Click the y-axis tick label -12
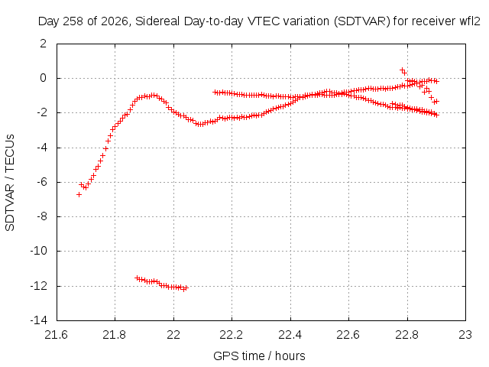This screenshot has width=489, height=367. [x=39, y=285]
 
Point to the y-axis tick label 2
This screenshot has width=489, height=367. [x=43, y=44]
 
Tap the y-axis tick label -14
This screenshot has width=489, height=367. [x=39, y=320]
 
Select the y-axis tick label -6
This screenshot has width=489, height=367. [x=41, y=182]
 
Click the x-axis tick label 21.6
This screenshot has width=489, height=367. [x=56, y=335]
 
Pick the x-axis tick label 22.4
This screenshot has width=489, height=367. [x=290, y=335]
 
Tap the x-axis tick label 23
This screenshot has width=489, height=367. [x=465, y=335]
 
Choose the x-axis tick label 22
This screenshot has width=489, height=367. [x=173, y=335]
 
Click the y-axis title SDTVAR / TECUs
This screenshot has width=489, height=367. [x=10, y=183]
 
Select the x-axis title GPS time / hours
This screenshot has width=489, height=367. [x=259, y=356]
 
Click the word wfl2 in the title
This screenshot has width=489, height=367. [x=470, y=21]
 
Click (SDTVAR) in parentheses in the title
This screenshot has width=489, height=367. [x=361, y=21]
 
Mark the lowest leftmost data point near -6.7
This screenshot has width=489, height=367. [x=79, y=194]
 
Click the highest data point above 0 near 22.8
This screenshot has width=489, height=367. [x=402, y=70]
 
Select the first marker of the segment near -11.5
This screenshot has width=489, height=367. [x=137, y=278]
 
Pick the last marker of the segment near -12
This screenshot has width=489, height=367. [x=186, y=287]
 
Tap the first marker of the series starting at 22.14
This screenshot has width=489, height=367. [x=215, y=92]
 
